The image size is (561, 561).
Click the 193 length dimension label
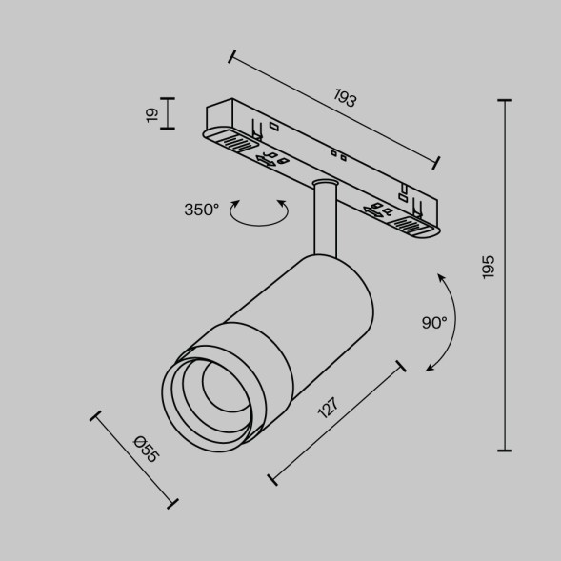click(346, 97)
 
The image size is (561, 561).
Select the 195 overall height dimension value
click(489, 268)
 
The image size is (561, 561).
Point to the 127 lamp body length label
click(327, 410)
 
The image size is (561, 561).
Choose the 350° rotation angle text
click(202, 210)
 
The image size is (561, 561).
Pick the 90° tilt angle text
click(434, 323)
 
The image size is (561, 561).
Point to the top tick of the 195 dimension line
click(505, 100)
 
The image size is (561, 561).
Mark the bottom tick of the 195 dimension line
click(505, 450)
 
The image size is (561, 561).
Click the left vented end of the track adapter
click(235, 144)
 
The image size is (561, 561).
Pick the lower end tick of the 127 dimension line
click(274, 479)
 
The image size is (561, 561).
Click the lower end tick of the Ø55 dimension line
click(172, 502)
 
